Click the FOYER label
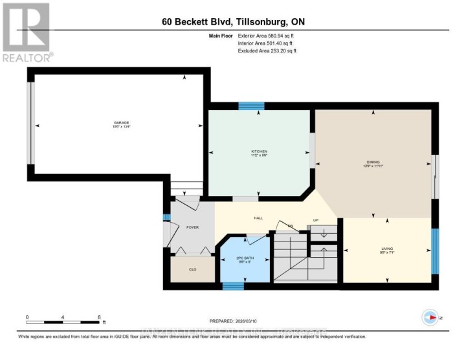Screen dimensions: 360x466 pos(192,227)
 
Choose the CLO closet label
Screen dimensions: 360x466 pos(192,269)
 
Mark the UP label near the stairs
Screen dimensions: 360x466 pos(316,219)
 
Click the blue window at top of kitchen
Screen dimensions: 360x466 pos(251,106)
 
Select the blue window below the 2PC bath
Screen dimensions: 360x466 pos(232,286)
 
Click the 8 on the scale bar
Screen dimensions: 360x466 pos(99,317)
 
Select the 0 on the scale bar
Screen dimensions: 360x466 pos(27,317)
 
